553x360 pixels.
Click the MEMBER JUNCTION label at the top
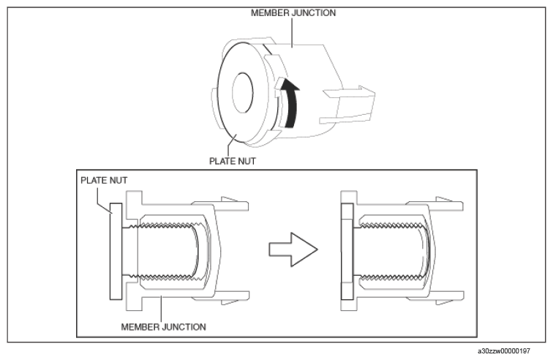[293, 13]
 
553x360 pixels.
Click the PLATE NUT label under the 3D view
[233, 161]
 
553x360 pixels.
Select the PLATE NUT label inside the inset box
[104, 180]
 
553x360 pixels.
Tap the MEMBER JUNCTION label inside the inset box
[163, 327]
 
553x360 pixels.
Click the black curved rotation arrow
[291, 102]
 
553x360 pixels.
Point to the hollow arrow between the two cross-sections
[293, 250]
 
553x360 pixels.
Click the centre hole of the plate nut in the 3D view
[243, 93]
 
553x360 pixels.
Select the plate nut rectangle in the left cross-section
[116, 251]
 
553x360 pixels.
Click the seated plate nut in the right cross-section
[347, 251]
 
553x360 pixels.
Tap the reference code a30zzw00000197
[504, 351]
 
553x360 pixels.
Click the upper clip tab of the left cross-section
[220, 204]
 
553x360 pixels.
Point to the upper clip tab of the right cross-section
[434, 204]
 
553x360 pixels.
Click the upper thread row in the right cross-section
[391, 225]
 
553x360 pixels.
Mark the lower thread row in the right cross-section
[391, 277]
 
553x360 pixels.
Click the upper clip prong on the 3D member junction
[349, 92]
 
